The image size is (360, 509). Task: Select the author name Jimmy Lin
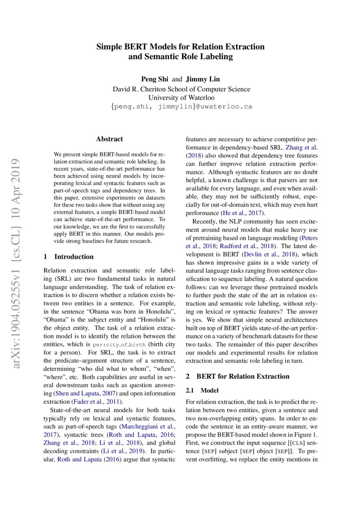[203, 79]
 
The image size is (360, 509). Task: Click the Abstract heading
[109, 139]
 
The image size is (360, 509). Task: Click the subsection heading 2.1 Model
[202, 391]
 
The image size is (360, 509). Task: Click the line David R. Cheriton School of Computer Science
[182, 89]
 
